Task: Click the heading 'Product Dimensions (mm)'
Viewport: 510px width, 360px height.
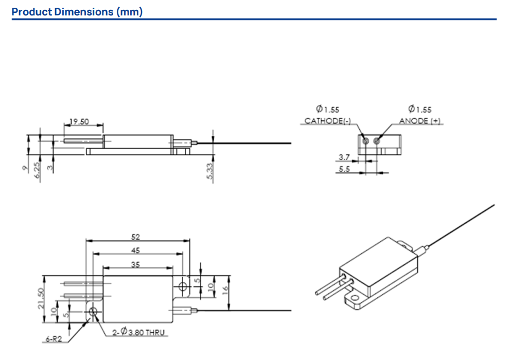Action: (x=77, y=11)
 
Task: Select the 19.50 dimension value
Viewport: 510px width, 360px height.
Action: (x=80, y=122)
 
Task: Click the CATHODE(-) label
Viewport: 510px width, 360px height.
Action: (x=328, y=121)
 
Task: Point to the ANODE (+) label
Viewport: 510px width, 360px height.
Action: (x=420, y=121)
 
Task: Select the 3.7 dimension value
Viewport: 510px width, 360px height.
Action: (x=345, y=156)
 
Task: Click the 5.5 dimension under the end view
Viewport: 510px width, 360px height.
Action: (x=345, y=169)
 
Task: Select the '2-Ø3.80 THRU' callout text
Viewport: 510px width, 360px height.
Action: (x=139, y=333)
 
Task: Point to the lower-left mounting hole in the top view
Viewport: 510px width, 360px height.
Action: (x=94, y=312)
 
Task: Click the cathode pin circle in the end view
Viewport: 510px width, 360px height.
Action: (x=365, y=140)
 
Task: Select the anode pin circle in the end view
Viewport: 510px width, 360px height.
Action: (x=377, y=140)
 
